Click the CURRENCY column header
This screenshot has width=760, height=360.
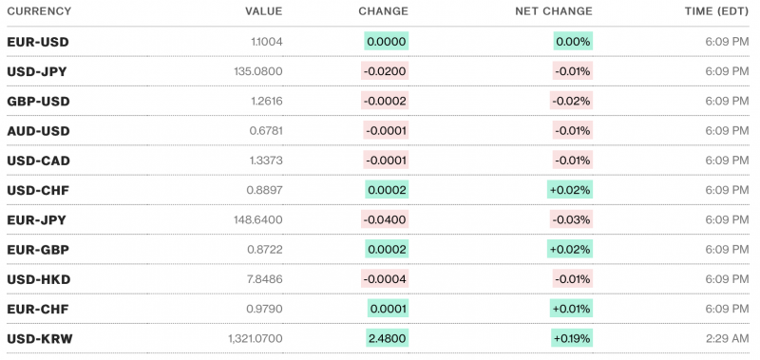[37, 11]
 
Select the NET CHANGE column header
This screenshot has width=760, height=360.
[555, 11]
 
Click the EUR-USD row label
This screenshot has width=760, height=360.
[37, 42]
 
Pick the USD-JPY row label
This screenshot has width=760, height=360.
[36, 71]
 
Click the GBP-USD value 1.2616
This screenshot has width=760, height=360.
[264, 102]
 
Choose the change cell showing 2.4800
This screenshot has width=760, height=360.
[388, 338]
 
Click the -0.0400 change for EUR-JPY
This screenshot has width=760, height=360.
[385, 219]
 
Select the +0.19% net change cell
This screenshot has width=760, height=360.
[571, 338]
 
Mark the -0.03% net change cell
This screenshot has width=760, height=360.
[573, 219]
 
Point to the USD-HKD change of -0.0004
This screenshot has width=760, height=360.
[385, 279]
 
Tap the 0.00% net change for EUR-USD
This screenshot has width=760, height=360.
[574, 42]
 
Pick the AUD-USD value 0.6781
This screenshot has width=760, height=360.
[264, 131]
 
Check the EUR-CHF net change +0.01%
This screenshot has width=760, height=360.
[571, 309]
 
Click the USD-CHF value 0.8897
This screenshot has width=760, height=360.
[264, 190]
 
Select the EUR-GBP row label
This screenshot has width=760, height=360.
[37, 249]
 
